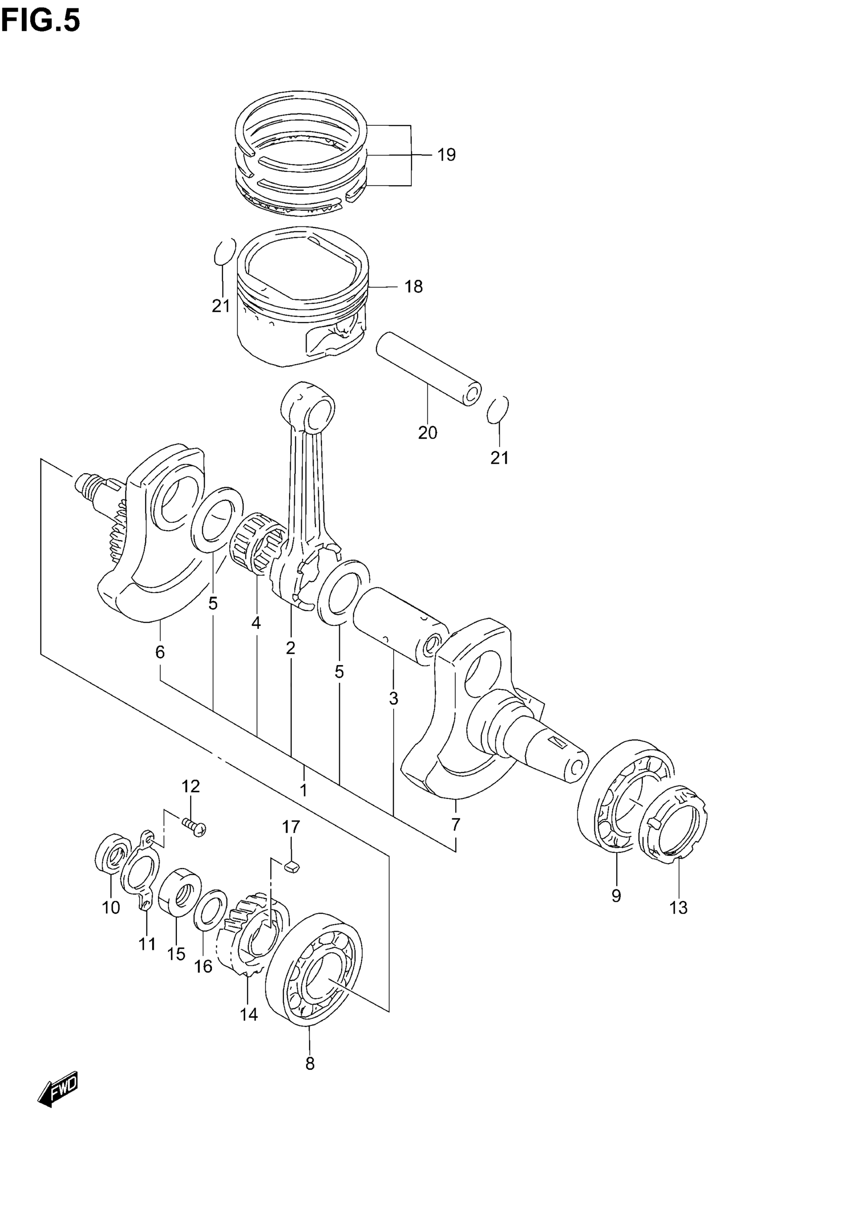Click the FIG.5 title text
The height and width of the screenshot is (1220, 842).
tap(41, 21)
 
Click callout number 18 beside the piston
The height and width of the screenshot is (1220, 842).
tap(414, 286)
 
